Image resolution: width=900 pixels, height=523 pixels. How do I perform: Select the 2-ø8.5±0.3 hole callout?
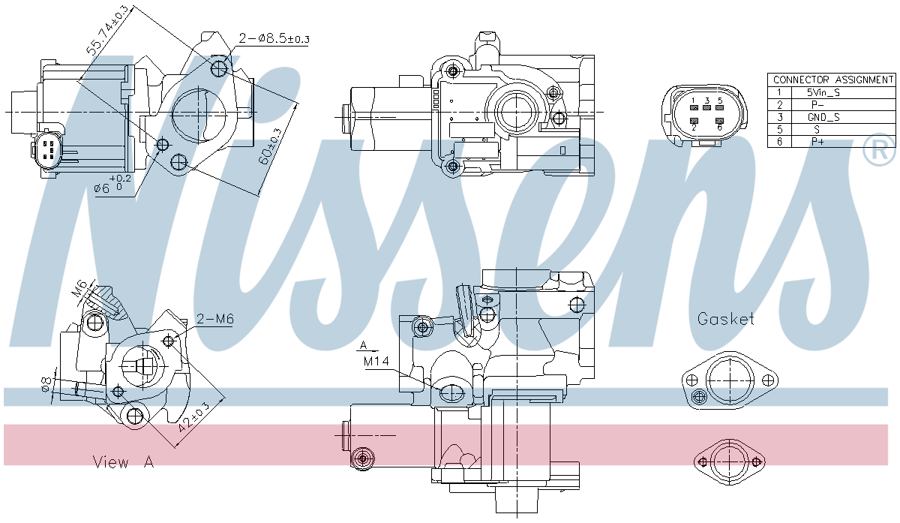(x=274, y=38)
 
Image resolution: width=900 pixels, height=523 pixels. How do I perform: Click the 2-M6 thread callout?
(x=215, y=319)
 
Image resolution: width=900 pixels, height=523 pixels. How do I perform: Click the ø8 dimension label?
(x=46, y=384)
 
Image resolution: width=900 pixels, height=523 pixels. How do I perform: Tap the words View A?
(x=123, y=462)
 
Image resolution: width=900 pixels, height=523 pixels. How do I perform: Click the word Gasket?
(x=725, y=319)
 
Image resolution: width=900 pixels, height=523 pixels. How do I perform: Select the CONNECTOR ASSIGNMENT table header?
(x=832, y=80)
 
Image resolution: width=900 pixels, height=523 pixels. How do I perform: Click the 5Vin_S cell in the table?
(x=823, y=92)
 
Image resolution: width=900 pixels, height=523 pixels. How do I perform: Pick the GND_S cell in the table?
(x=823, y=117)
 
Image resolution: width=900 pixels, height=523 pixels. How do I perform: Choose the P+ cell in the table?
(x=817, y=141)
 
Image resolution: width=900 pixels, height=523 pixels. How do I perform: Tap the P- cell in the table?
(x=817, y=105)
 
